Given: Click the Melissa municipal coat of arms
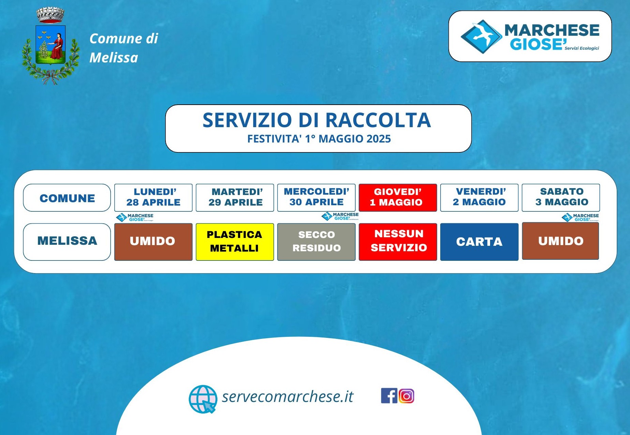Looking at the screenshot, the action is [x=51, y=46].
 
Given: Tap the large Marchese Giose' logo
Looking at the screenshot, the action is [x=530, y=36].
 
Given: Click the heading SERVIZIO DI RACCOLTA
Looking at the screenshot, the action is [x=317, y=120].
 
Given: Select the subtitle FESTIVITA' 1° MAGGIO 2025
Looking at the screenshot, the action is [x=319, y=139].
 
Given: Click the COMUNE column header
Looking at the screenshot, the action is [x=67, y=198].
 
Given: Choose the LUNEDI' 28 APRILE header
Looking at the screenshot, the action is [x=153, y=198].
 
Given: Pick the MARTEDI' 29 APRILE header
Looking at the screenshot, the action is [x=235, y=198].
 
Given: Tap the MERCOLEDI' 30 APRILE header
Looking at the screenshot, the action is [x=316, y=198].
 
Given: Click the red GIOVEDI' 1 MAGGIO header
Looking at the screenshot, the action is [x=398, y=198].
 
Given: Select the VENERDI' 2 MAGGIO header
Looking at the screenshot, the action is [x=479, y=198].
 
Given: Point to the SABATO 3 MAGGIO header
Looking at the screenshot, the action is [x=561, y=198].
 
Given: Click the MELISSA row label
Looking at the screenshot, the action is [x=67, y=242].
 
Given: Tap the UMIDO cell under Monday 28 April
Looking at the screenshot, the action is [x=153, y=242].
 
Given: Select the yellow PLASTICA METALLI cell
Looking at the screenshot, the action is [x=235, y=242].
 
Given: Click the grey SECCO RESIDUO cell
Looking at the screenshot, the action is [x=316, y=242].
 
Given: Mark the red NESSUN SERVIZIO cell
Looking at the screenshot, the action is [x=398, y=242].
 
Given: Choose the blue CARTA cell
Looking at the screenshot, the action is [x=479, y=242].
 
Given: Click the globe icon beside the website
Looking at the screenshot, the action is [x=203, y=399].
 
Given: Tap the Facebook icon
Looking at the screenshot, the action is [x=389, y=396].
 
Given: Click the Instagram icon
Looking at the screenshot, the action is [x=406, y=396].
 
